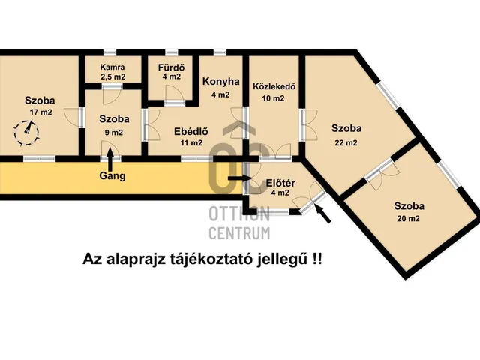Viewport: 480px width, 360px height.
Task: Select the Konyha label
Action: [219, 82]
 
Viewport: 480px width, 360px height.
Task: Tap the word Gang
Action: [112, 177]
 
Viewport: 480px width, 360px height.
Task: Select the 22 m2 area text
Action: [346, 142]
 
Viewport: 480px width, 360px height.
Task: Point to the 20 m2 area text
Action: [409, 219]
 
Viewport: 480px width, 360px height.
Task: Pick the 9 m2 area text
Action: [115, 132]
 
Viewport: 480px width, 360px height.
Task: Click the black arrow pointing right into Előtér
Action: [238, 178]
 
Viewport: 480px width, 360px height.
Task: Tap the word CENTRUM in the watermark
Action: [238, 232]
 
